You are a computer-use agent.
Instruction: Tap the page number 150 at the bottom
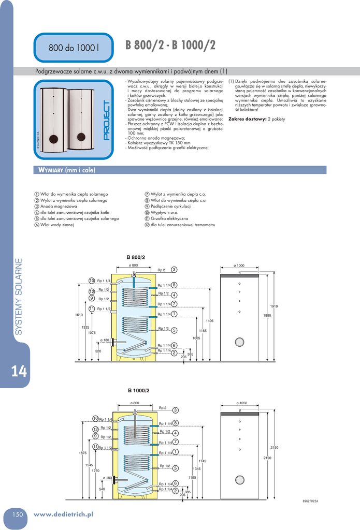click(18, 514)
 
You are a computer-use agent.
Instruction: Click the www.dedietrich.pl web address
click(63, 514)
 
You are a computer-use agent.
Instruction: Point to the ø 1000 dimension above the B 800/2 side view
click(239, 266)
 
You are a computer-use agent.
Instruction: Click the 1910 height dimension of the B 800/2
click(274, 306)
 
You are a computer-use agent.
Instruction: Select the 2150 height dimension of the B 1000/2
click(275, 447)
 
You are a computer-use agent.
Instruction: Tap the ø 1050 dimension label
click(241, 403)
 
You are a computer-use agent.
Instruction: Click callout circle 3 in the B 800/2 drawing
click(175, 270)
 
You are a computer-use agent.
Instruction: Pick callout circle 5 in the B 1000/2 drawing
click(176, 468)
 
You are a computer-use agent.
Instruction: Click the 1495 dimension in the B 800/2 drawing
click(209, 321)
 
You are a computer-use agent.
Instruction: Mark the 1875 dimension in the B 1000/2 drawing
click(82, 453)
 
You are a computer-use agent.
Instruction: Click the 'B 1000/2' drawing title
click(139, 390)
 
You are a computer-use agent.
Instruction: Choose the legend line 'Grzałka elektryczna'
click(169, 218)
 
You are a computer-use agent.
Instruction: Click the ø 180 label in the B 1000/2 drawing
click(107, 478)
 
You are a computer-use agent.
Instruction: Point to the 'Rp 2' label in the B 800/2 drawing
click(161, 270)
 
